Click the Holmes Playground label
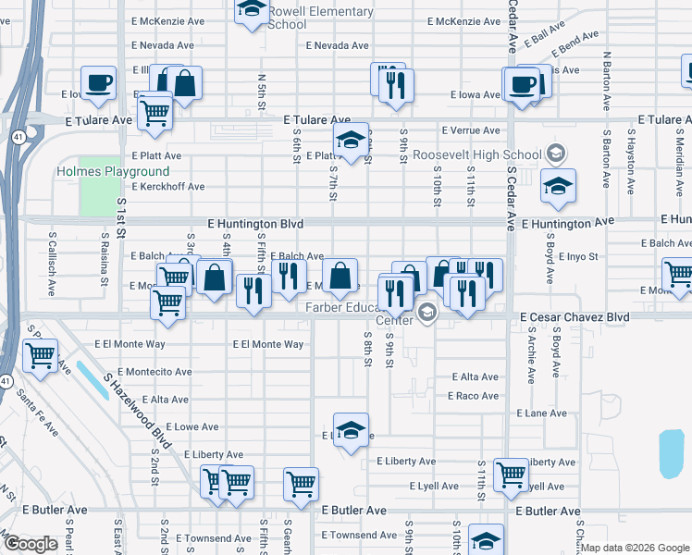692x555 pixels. tap(113, 171)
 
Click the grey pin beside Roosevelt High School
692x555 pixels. tap(555, 153)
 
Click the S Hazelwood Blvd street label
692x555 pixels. tap(139, 413)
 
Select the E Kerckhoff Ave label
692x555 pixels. tap(167, 187)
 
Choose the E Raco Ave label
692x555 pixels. tap(473, 396)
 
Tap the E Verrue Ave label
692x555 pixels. tap(470, 130)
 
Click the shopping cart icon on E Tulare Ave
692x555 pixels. tap(154, 113)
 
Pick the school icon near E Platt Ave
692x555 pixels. tap(351, 141)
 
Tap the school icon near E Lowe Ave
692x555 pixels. tap(351, 430)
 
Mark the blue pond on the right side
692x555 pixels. tap(672, 453)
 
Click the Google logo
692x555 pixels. tap(31, 544)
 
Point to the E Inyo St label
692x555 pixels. tap(580, 257)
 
